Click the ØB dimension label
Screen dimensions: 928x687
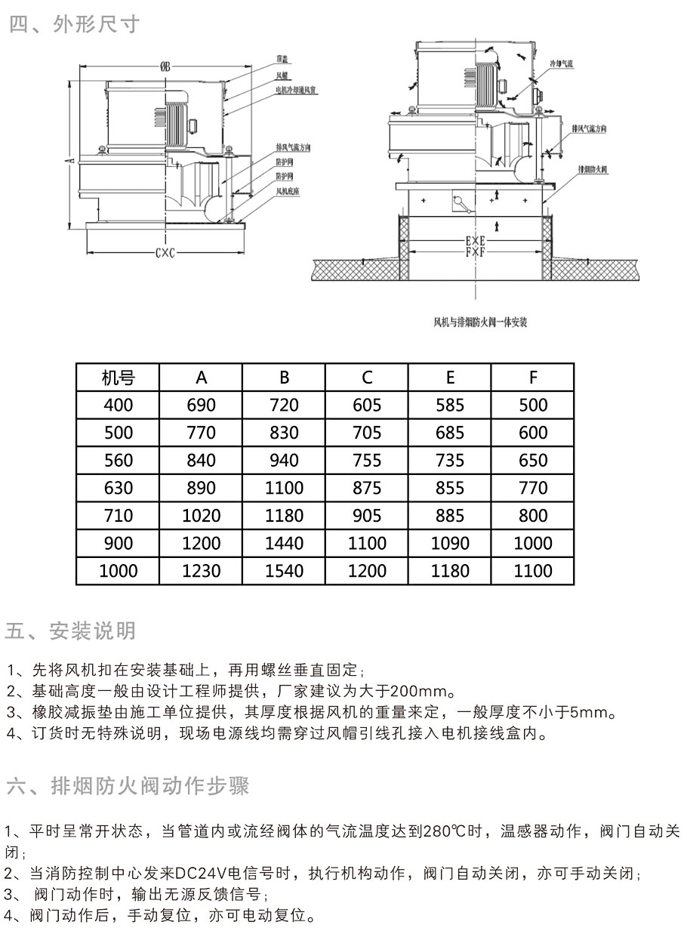pyautogui.click(x=165, y=67)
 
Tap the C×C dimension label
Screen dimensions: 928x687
pyautogui.click(x=165, y=254)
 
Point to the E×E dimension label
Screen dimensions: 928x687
pyautogui.click(x=475, y=241)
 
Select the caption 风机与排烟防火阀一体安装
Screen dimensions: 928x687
pyautogui.click(x=479, y=322)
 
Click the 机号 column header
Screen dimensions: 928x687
pyautogui.click(x=118, y=378)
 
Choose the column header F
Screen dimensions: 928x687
pyautogui.click(x=533, y=378)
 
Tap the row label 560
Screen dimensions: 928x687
pyautogui.click(x=118, y=461)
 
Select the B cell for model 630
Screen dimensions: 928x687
pyautogui.click(x=284, y=488)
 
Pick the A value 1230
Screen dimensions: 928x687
pyautogui.click(x=201, y=571)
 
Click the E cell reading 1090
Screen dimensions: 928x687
pyautogui.click(x=450, y=543)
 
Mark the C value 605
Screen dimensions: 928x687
pyautogui.click(x=367, y=405)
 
